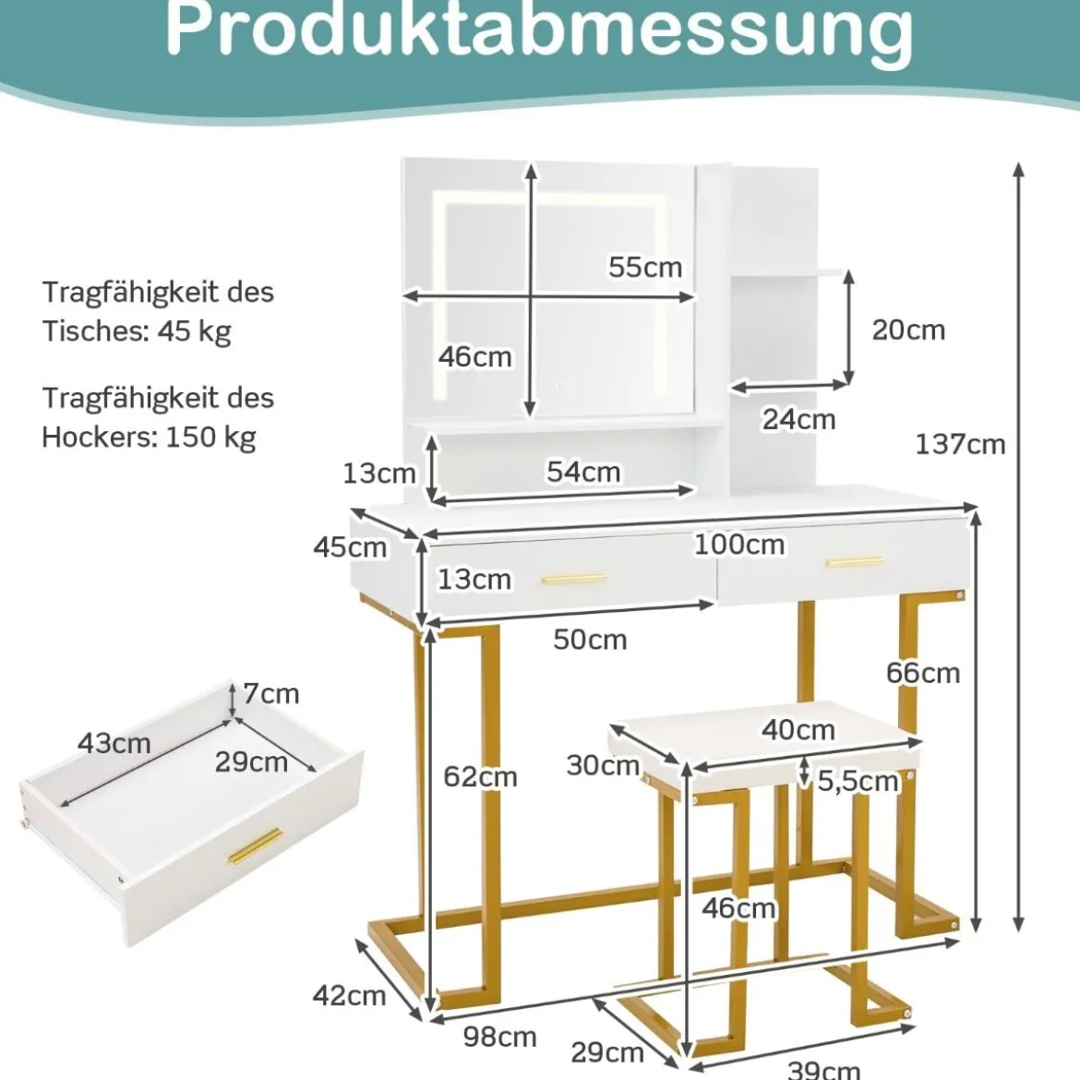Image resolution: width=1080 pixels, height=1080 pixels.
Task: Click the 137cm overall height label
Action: pyautogui.click(x=960, y=445)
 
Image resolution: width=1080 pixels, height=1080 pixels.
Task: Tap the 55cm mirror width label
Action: pyautogui.click(x=645, y=268)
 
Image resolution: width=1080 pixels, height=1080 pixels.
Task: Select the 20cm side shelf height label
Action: pyautogui.click(x=908, y=330)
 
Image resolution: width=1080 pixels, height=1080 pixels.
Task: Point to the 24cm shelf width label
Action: pyautogui.click(x=799, y=419)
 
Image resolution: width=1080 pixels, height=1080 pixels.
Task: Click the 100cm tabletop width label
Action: pyautogui.click(x=739, y=545)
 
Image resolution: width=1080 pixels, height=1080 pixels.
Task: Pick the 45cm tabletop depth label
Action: pyautogui.click(x=350, y=547)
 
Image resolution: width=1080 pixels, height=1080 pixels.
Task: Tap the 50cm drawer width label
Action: pyautogui.click(x=590, y=640)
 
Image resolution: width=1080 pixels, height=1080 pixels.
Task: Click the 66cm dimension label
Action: pyautogui.click(x=923, y=673)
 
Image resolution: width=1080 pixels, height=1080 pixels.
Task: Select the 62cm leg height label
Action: pyautogui.click(x=480, y=777)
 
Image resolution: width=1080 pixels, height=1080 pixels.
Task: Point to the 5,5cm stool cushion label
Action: pyautogui.click(x=858, y=781)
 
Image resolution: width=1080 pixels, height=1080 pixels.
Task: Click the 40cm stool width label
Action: pyautogui.click(x=798, y=729)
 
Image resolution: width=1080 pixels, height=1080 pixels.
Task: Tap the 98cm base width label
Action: pyautogui.click(x=500, y=1037)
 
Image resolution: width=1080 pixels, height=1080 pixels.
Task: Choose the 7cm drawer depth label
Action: pyautogui.click(x=271, y=693)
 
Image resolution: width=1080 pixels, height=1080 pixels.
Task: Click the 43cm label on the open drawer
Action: pyautogui.click(x=114, y=743)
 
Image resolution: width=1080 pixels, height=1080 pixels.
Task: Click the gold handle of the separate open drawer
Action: pyautogui.click(x=256, y=846)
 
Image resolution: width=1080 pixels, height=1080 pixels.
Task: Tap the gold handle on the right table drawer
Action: pyautogui.click(x=855, y=562)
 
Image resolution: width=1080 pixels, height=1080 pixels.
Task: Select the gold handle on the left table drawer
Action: pyautogui.click(x=574, y=579)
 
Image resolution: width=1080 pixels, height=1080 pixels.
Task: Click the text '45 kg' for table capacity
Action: pyautogui.click(x=194, y=332)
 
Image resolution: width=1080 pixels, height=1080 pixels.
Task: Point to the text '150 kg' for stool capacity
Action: pyautogui.click(x=211, y=438)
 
